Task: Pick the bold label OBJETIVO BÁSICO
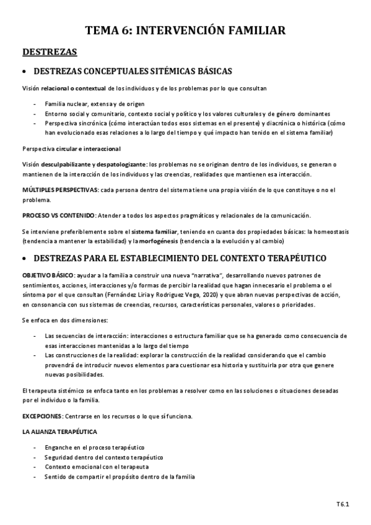point(48,274)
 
